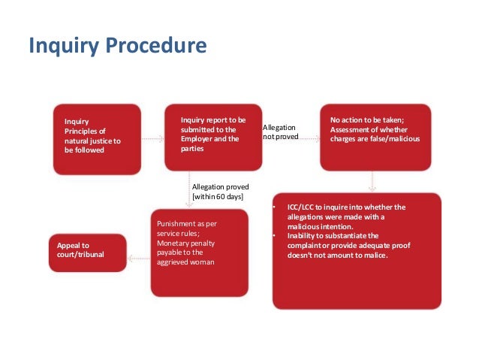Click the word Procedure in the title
[x=160, y=47]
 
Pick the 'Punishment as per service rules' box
[x=199, y=252]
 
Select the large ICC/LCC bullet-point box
[x=357, y=250]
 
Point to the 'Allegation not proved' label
[x=280, y=132]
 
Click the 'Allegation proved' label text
[x=220, y=186]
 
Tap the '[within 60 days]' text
[x=218, y=197]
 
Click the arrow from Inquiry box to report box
[x=152, y=139]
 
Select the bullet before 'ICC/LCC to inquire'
[x=276, y=207]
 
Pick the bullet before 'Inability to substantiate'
[x=276, y=236]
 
